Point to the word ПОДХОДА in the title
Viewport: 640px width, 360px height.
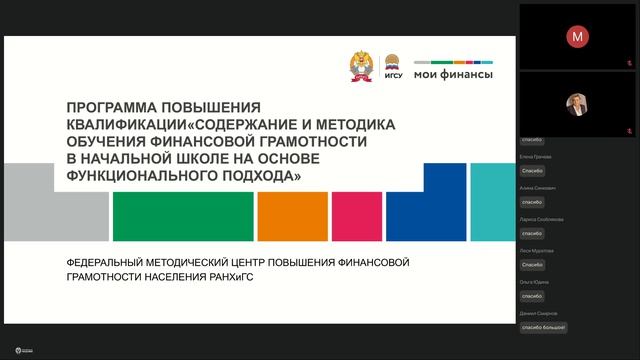247,174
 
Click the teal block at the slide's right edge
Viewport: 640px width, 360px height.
492,200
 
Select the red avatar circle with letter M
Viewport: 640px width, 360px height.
577,36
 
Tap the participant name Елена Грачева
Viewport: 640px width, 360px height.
536,157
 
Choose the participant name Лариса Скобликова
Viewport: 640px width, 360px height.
541,219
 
